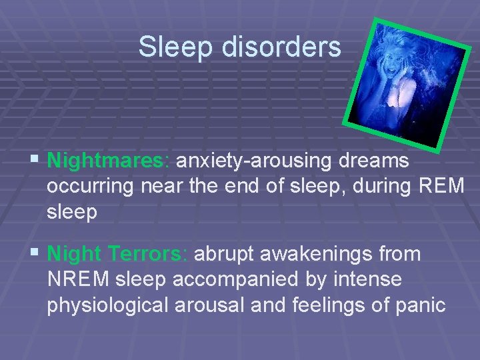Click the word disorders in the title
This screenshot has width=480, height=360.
point(285,47)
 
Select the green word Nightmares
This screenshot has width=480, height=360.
point(109,161)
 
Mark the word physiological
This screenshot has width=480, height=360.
point(108,305)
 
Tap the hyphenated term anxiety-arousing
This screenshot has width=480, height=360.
point(254,161)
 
